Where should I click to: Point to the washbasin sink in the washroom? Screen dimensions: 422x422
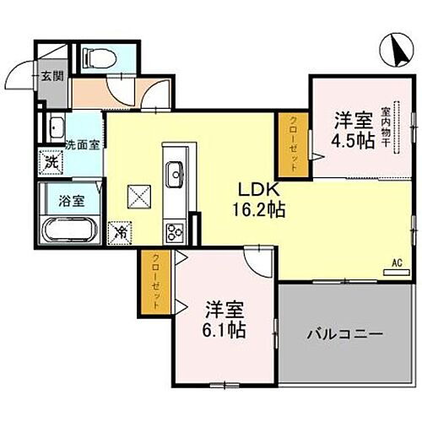point(57,129)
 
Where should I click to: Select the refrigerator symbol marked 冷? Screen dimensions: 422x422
point(122,229)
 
